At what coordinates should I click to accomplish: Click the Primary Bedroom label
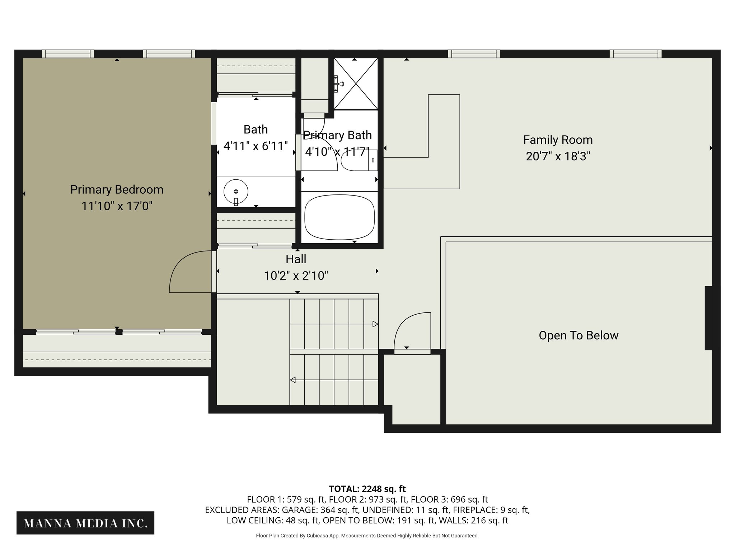coord(117,189)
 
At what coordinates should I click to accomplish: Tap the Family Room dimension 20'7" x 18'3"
coord(558,156)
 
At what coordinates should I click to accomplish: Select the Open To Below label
coord(578,335)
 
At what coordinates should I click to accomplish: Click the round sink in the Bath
coord(236,192)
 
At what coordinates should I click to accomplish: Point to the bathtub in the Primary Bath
coord(339,217)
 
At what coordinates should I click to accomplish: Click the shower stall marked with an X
coord(356,84)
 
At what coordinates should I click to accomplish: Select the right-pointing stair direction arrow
coord(375,324)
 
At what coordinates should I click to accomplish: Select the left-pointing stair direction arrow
coord(293,380)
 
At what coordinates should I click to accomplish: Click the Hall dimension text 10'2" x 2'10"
coord(296,276)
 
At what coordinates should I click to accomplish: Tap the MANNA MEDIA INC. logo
coord(85,523)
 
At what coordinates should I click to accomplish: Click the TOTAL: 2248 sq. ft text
coord(367,489)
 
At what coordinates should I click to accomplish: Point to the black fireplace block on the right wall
coord(708,318)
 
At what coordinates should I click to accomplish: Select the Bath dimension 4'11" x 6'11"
coord(256,146)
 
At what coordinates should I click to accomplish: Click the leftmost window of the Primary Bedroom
coord(68,54)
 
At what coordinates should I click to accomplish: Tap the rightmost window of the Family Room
coord(635,54)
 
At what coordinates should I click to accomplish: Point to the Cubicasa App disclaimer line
coord(367,536)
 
